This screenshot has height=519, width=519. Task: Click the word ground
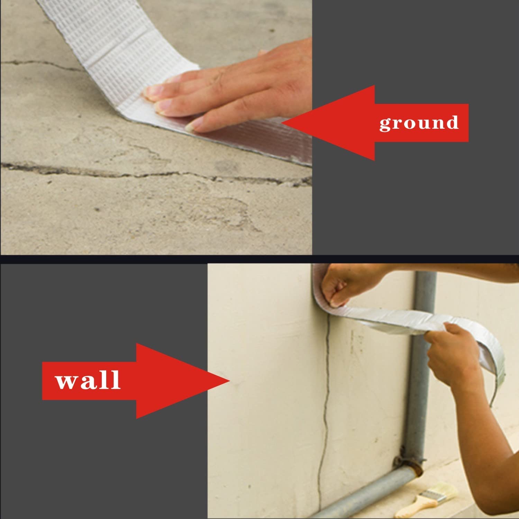tap(419, 123)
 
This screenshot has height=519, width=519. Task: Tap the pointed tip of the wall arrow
tap(230, 381)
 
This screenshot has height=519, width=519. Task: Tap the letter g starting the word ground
tap(385, 125)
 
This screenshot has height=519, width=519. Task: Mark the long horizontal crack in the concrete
tap(156, 173)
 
